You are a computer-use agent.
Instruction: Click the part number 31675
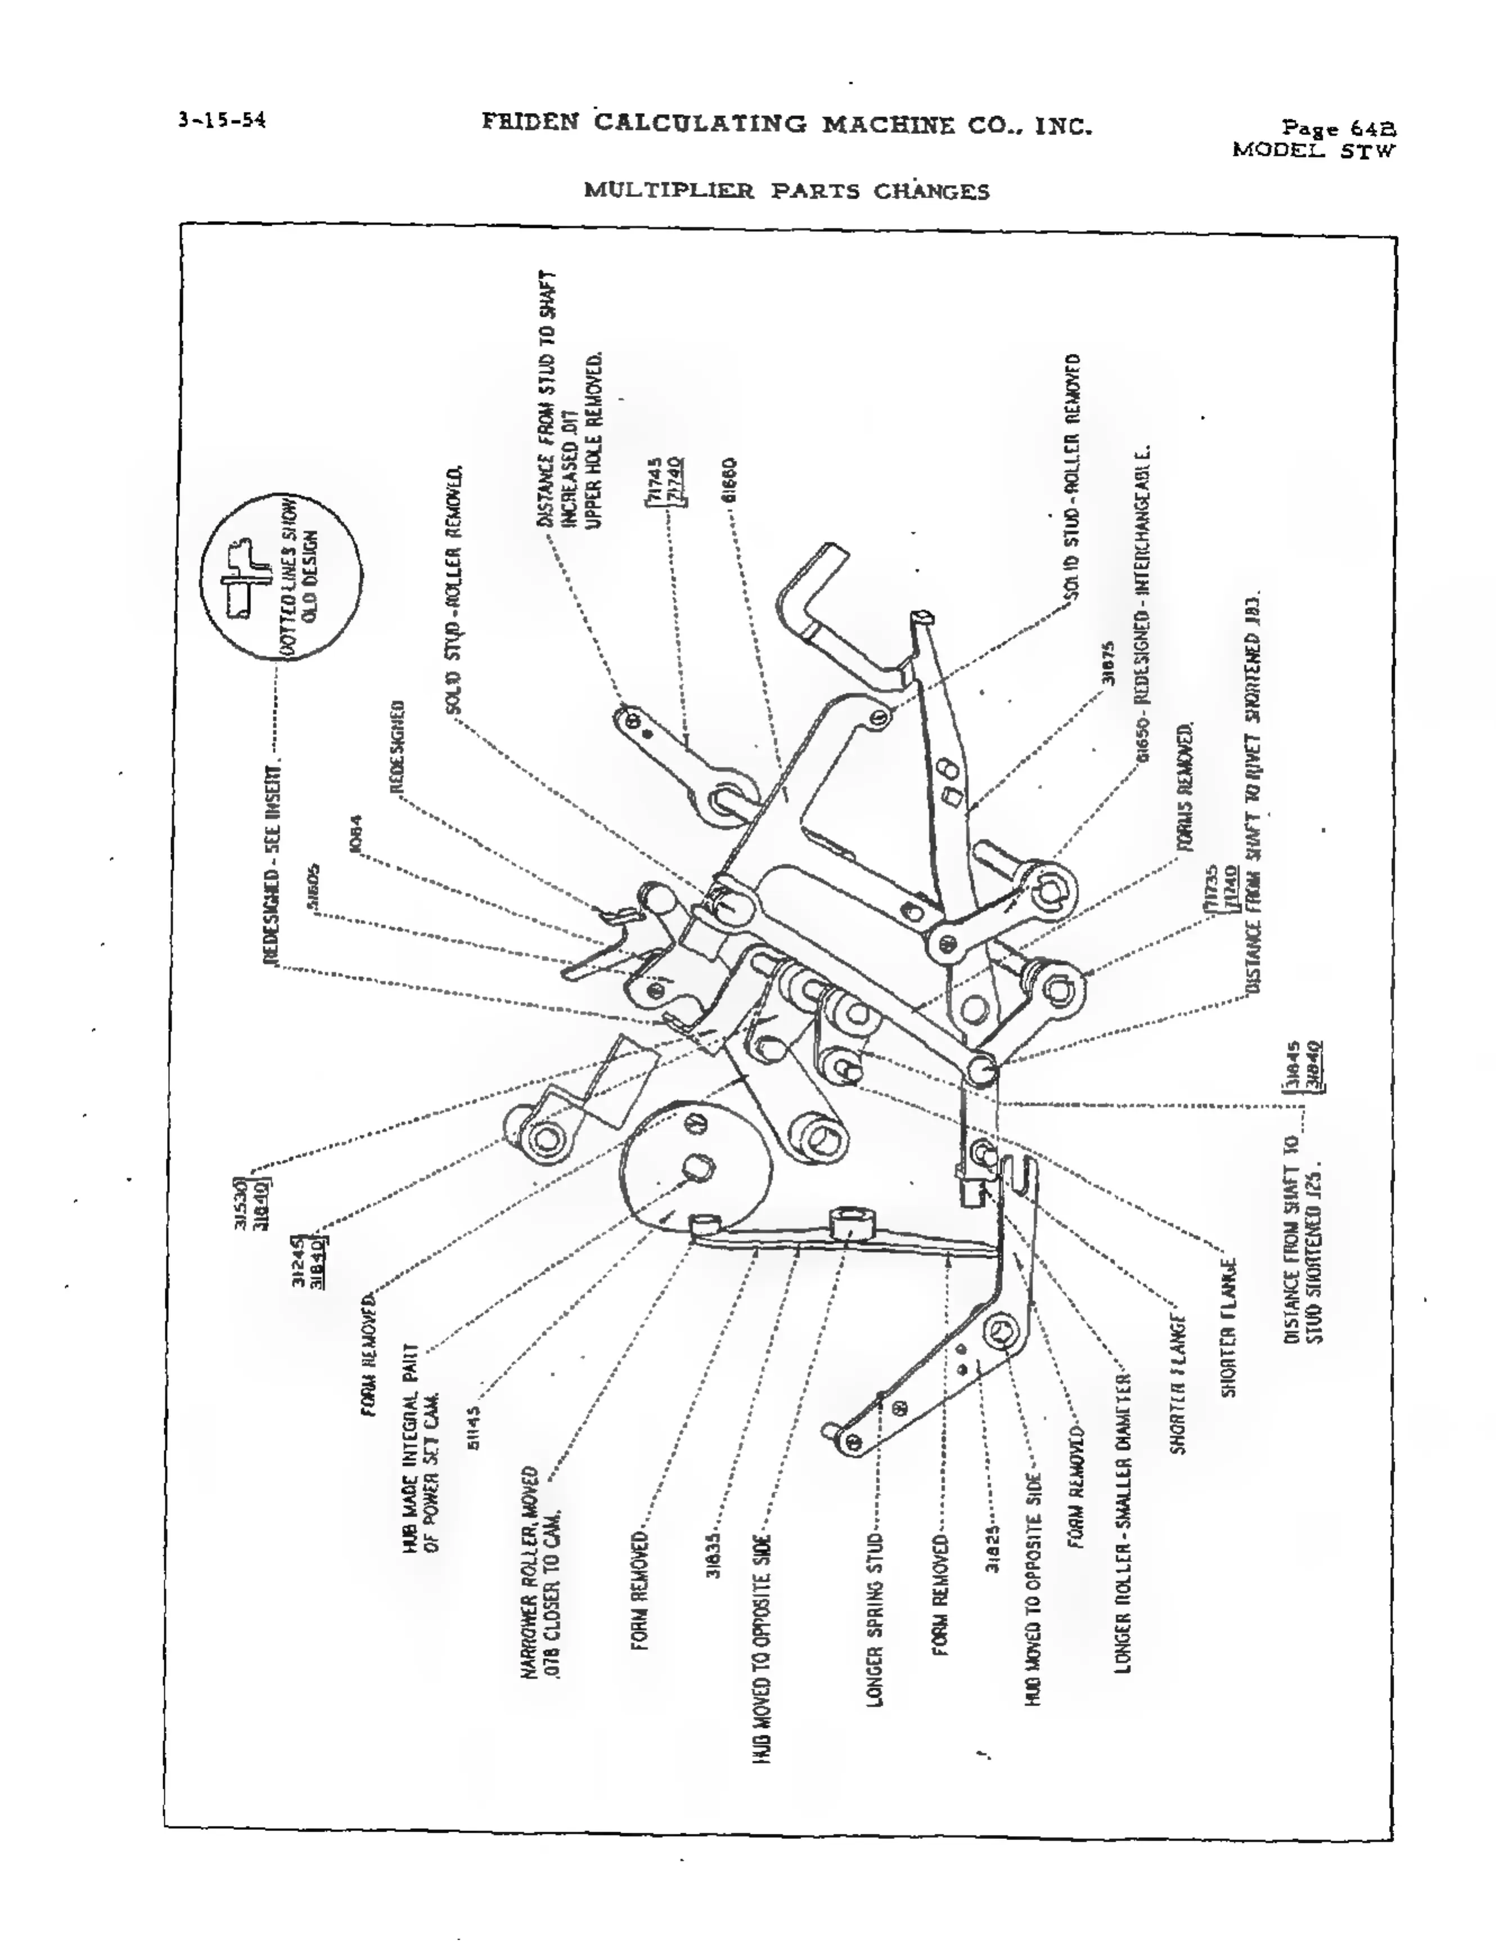coord(1109,663)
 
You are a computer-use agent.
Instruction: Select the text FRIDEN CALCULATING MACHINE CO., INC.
coord(787,124)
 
